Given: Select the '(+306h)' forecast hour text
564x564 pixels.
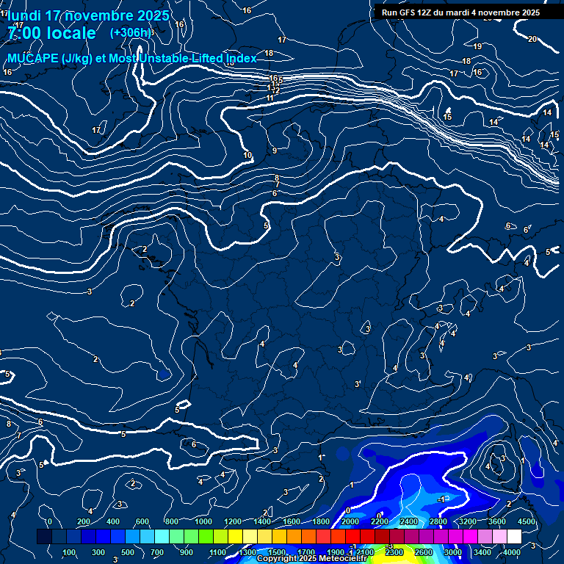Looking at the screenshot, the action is click(130, 33).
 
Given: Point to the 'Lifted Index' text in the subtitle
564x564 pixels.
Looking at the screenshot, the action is click(224, 58).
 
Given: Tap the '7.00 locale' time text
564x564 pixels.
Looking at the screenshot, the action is click(51, 33).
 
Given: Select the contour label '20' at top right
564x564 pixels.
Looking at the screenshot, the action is click(532, 39).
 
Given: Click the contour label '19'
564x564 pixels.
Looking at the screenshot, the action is click(477, 47).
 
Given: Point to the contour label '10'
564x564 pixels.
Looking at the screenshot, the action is click(247, 155).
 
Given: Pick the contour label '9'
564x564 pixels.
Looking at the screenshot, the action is click(275, 151).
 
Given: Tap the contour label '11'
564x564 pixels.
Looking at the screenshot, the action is click(270, 98).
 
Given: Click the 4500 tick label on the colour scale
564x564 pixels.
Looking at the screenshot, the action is click(527, 521).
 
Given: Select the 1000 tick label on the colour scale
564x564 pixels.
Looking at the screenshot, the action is click(203, 521).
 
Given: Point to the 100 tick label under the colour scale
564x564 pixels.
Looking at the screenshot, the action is click(69, 552).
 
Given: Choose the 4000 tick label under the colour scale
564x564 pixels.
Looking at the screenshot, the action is click(512, 552).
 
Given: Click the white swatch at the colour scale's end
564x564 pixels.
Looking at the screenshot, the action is click(514, 537).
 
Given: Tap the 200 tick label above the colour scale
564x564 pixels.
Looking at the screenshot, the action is click(84, 521).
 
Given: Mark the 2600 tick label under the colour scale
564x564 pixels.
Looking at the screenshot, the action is click(424, 552).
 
